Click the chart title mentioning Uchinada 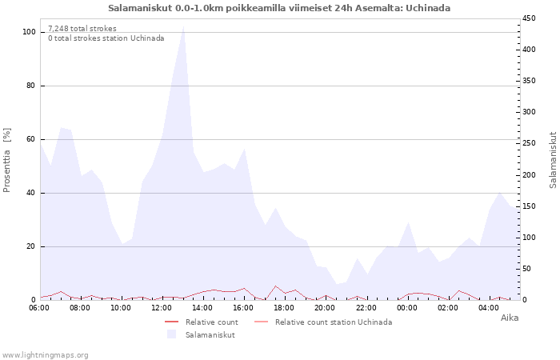[x=279, y=8]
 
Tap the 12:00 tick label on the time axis [x=162, y=308]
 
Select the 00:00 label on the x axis [x=406, y=308]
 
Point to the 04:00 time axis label [x=489, y=308]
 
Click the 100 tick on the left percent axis [x=29, y=32]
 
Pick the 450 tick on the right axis [x=529, y=18]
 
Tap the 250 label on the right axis [x=529, y=143]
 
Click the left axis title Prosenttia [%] [x=6, y=160]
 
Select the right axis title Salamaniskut [x=553, y=160]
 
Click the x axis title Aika [x=510, y=318]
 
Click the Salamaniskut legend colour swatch [x=172, y=334]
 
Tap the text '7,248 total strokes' [x=82, y=29]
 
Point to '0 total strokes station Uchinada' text [x=106, y=38]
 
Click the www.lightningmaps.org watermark [x=45, y=355]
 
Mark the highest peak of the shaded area [x=183, y=26]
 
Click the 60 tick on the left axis [x=30, y=139]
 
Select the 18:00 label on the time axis [x=284, y=308]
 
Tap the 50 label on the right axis [x=526, y=269]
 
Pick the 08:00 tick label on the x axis [x=80, y=308]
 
